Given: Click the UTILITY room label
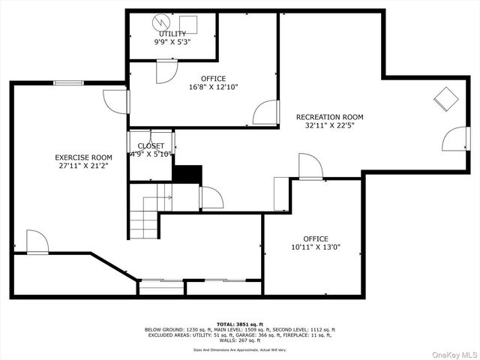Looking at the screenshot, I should (x=172, y=34).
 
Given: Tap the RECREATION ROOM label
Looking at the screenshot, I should (x=329, y=117).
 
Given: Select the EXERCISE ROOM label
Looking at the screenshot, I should (x=83, y=157).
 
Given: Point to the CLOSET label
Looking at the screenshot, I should (x=151, y=145).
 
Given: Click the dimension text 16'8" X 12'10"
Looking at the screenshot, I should (x=213, y=87).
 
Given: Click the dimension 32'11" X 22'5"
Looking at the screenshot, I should (x=329, y=126).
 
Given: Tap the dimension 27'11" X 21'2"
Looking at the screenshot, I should (x=83, y=166).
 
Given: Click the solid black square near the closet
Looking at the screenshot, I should (x=187, y=173).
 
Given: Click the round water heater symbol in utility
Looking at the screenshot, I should (x=160, y=22).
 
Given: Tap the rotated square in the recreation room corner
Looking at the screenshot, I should (x=447, y=99).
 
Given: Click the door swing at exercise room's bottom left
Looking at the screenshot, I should (x=37, y=241).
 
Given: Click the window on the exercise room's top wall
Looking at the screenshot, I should (x=67, y=82).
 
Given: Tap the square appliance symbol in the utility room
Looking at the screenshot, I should (x=187, y=22).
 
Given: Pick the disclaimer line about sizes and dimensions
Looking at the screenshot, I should (x=240, y=349).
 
